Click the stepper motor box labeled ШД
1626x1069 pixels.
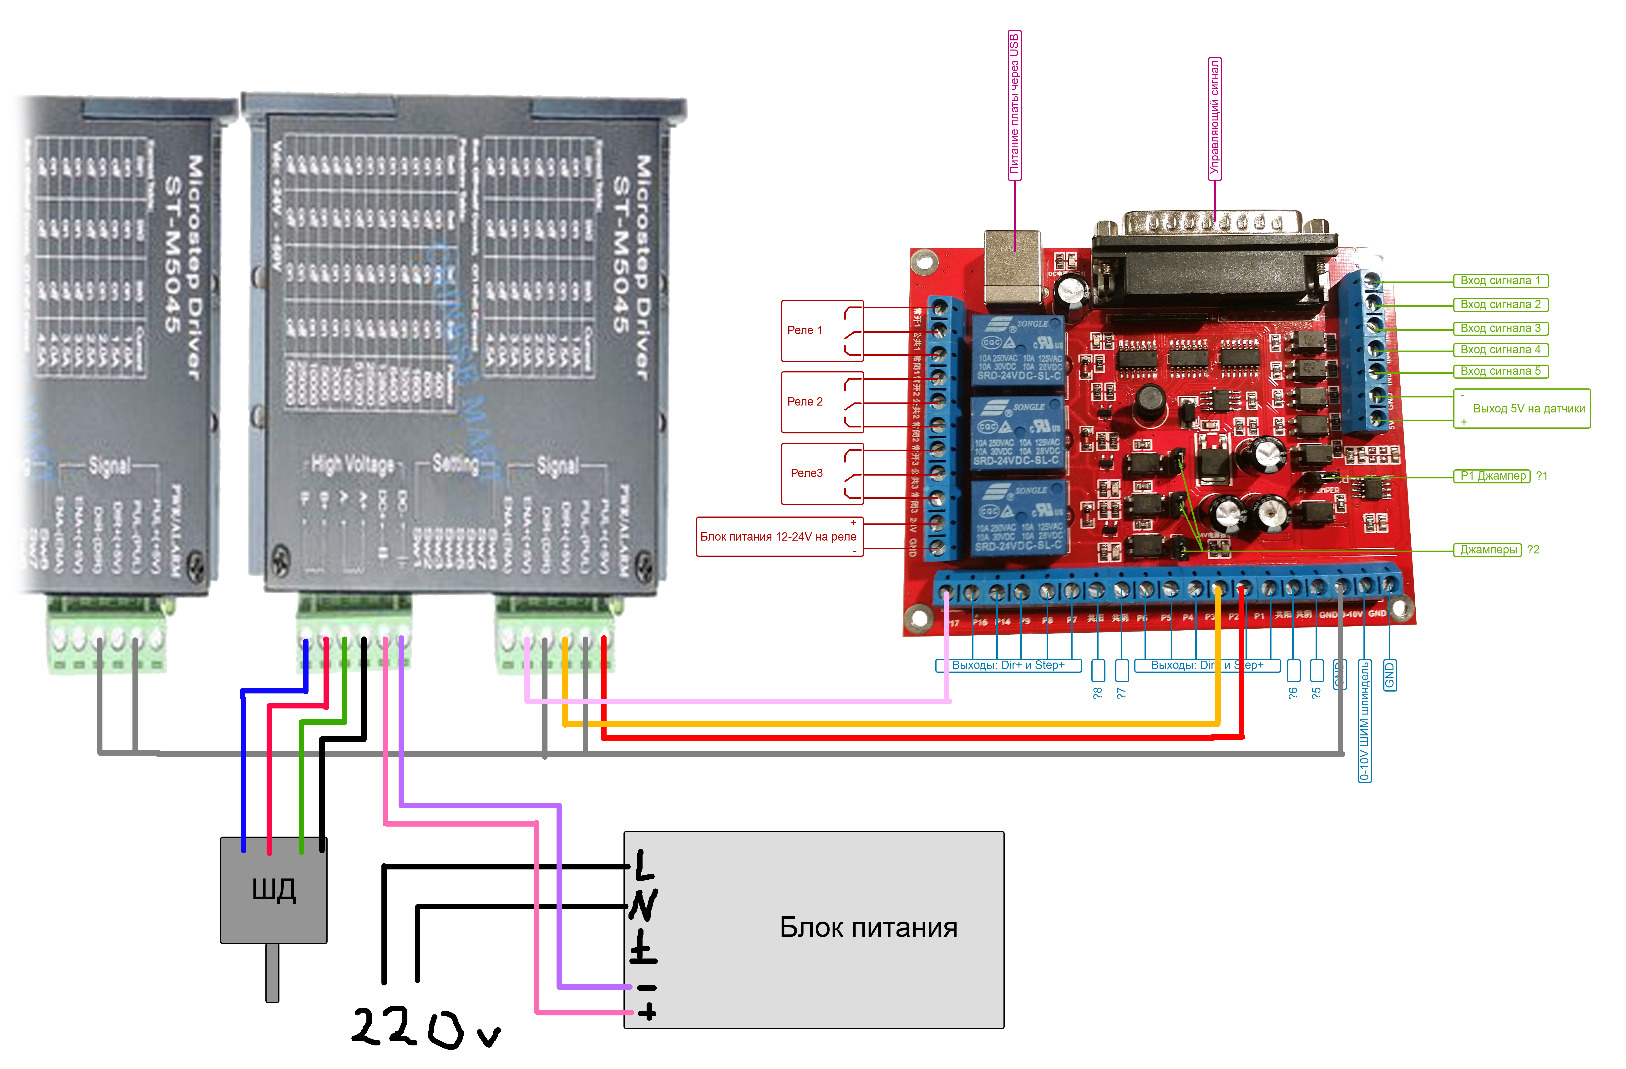click(273, 889)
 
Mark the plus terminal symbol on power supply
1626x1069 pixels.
click(646, 1012)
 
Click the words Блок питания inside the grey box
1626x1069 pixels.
click(868, 928)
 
